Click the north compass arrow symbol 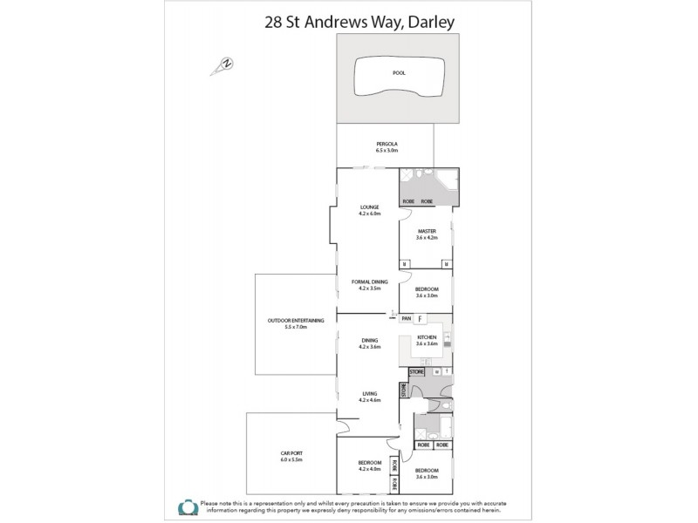tap(225, 63)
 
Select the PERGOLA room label tap(387, 142)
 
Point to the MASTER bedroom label tap(426, 231)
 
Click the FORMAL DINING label tap(368, 282)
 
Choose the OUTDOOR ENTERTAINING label tap(296, 321)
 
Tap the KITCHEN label tap(426, 336)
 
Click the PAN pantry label tap(406, 319)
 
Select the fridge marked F tap(420, 319)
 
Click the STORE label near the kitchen tap(415, 372)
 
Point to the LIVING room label tap(369, 393)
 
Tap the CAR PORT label tap(291, 453)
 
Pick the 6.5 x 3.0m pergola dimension tap(387, 150)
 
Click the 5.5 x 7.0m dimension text tap(296, 328)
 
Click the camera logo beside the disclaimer tap(187, 507)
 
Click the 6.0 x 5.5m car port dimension tap(291, 460)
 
